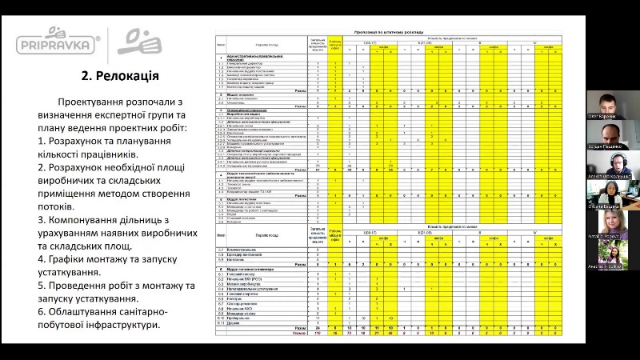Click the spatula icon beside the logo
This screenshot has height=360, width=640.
(x=140, y=41)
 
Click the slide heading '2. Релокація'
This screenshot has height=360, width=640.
(x=119, y=77)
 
